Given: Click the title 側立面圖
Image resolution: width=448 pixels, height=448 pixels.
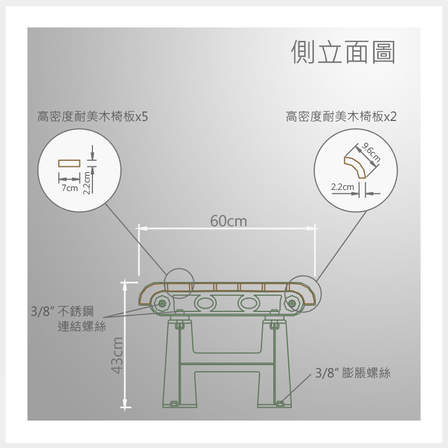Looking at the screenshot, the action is pos(343,52).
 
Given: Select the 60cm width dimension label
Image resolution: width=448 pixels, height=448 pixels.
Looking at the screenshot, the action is pos(228,221).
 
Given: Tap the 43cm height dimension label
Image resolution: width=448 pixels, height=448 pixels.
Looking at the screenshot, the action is pos(117,356).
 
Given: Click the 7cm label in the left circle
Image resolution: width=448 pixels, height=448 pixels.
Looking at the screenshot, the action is pos(69,188).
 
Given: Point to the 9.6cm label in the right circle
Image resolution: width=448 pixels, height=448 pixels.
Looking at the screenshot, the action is pos(371,153).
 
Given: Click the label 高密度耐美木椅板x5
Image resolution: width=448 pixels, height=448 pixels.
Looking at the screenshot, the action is pos(93,116).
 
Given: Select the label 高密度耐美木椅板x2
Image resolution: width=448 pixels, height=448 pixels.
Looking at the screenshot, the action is pos(341,116).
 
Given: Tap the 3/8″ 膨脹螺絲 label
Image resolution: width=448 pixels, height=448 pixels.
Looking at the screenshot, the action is pos(353,373).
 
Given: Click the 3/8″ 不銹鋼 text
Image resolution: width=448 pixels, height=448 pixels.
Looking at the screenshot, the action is pos(62,311).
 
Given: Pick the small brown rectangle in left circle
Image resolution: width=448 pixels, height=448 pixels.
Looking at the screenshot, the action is pos(69,164).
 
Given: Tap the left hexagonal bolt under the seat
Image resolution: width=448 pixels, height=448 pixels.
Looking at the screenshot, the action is pos(162,303).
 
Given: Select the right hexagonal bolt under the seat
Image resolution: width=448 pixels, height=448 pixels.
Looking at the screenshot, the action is pos(292,303).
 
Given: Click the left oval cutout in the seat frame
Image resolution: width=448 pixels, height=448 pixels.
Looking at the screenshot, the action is pos(206,303).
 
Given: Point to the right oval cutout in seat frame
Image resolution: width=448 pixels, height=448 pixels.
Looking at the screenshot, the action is pos(249,303).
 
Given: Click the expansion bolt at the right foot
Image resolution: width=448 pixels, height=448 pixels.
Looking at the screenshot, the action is pos(279,403).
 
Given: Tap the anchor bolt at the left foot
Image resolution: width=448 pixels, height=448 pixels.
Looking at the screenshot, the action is pos(174,403).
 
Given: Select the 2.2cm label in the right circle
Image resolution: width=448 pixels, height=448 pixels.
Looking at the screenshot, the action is pos(343,187).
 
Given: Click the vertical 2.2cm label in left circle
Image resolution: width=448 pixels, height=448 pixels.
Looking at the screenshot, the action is pos(87,183).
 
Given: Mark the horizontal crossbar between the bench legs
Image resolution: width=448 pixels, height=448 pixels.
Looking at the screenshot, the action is pos(227,363).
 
